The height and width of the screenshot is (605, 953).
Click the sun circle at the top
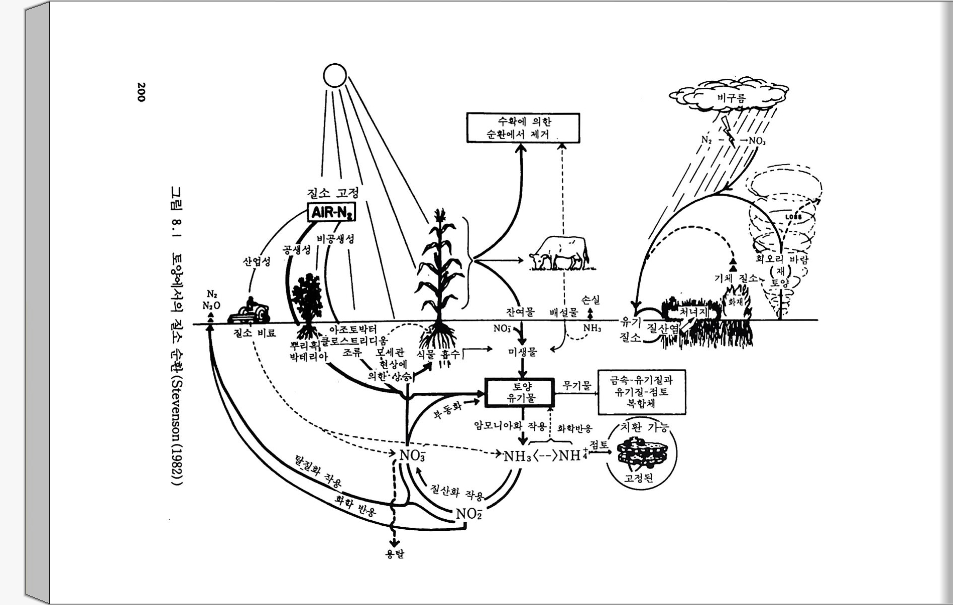(335, 76)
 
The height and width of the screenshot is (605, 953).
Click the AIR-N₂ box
(332, 213)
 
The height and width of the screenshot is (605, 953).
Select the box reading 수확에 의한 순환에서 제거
(523, 128)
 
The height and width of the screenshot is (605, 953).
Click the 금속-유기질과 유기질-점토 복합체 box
(642, 392)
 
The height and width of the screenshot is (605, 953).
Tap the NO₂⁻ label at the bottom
(468, 514)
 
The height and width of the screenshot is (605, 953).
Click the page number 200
(141, 92)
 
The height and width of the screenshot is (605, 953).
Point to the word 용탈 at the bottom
(394, 553)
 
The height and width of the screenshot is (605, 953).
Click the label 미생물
(522, 352)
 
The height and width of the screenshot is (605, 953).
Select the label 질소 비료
(255, 333)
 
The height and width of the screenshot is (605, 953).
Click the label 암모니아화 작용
(510, 426)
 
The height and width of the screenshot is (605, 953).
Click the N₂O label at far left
(211, 305)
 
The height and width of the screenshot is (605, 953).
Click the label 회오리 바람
(782, 259)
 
